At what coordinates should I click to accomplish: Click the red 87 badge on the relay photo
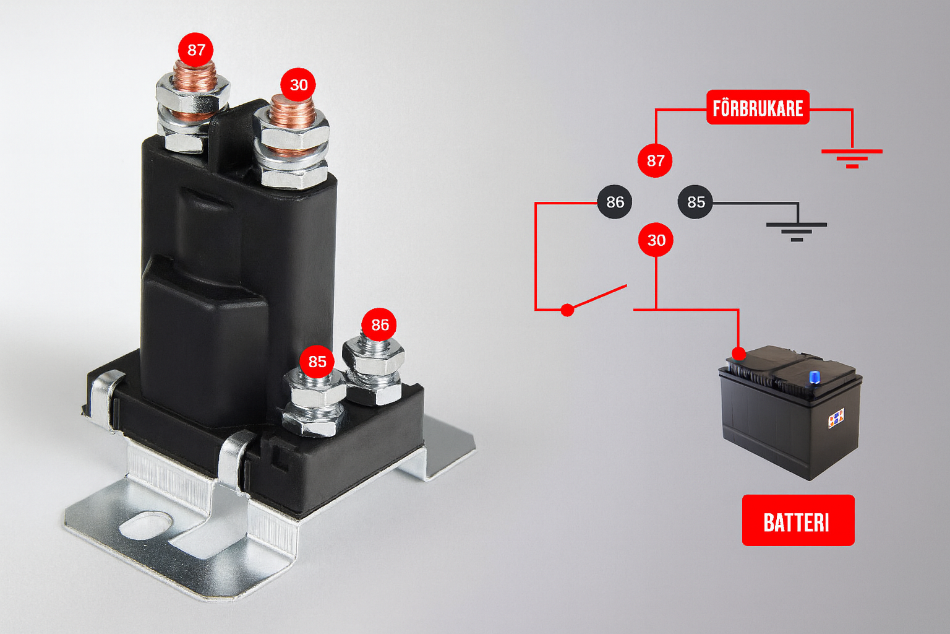click(195, 50)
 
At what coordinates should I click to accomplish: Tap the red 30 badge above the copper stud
click(298, 85)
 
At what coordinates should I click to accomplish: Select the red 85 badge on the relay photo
click(317, 362)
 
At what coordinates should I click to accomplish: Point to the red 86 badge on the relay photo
click(379, 325)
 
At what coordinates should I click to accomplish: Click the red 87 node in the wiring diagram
click(655, 160)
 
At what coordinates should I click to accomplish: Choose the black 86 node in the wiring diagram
click(615, 202)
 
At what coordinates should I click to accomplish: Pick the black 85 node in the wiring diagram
click(696, 202)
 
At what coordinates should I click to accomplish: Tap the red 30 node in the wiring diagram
click(656, 240)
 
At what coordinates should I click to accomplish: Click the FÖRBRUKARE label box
click(758, 108)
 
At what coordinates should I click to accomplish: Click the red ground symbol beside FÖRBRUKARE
click(852, 158)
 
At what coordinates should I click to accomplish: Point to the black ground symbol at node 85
click(797, 232)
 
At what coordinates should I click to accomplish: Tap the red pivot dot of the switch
click(567, 310)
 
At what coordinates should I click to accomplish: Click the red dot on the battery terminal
click(739, 354)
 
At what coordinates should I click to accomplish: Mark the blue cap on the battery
click(815, 377)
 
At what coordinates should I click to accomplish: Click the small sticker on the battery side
click(836, 417)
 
